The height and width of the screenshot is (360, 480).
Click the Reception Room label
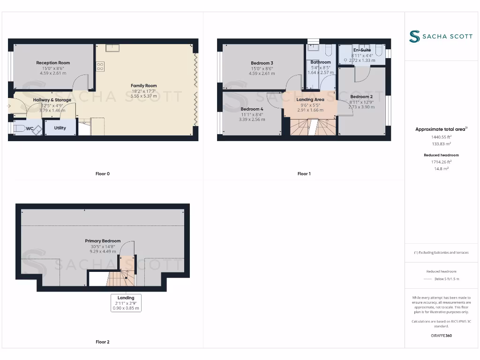pos(53,63)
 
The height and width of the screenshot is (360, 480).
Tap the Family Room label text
pos(144,85)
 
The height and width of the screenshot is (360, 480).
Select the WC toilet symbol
pos(20,128)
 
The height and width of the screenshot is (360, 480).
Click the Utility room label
pos(60,127)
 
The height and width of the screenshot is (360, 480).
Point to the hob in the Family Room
pos(100,66)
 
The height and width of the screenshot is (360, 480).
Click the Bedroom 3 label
pos(262,63)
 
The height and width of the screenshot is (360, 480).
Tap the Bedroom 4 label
pos(252,109)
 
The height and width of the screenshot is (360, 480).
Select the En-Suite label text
pos(362,50)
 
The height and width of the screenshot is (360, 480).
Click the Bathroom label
pos(321,62)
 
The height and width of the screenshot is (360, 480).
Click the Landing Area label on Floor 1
pos(310,99)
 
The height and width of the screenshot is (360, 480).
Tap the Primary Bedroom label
pos(103,240)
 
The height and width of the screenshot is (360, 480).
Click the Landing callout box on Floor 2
pos(126,303)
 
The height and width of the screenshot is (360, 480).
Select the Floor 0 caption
pos(103,173)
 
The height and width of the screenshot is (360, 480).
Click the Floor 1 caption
pos(304,173)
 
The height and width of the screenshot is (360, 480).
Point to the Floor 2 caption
pos(103,342)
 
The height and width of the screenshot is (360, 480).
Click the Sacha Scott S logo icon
pos(414,37)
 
